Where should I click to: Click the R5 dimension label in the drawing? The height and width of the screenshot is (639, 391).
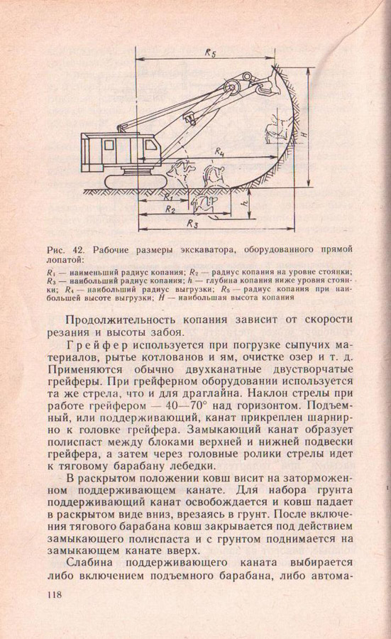(x=210, y=53)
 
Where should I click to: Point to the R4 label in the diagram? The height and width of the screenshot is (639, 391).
(x=219, y=152)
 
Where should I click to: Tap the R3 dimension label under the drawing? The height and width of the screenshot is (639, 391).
(x=192, y=224)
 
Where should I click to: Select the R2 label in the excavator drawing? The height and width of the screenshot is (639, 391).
(x=170, y=209)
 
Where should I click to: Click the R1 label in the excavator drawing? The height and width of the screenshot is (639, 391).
(x=167, y=196)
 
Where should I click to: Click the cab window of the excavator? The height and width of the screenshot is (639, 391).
(x=109, y=145)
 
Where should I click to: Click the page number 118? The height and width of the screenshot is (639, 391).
(x=55, y=594)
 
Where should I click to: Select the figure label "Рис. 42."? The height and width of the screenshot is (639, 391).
(x=65, y=249)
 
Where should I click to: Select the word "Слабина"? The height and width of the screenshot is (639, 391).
(x=89, y=563)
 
